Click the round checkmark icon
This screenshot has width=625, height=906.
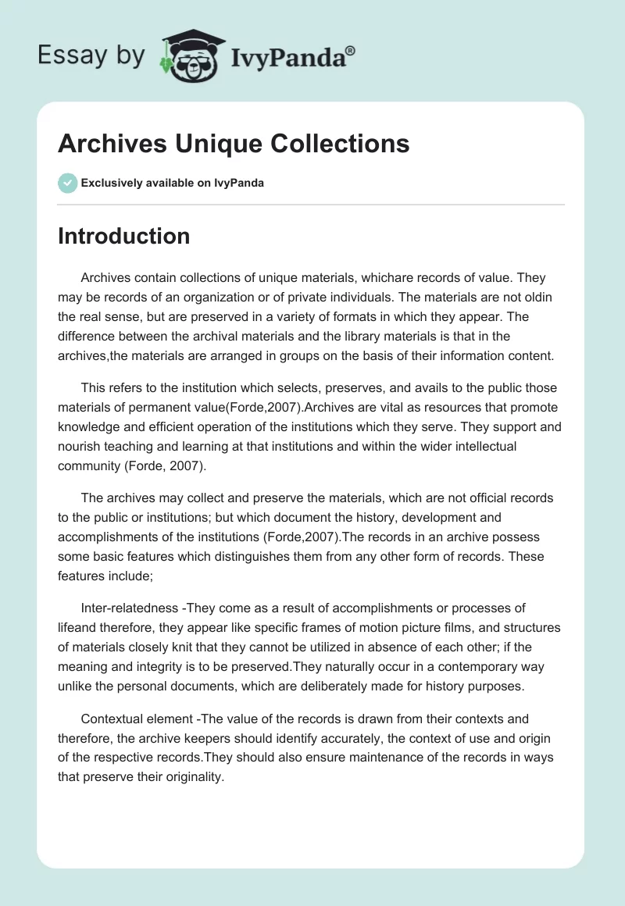point(67,183)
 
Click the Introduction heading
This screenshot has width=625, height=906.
point(123,236)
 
